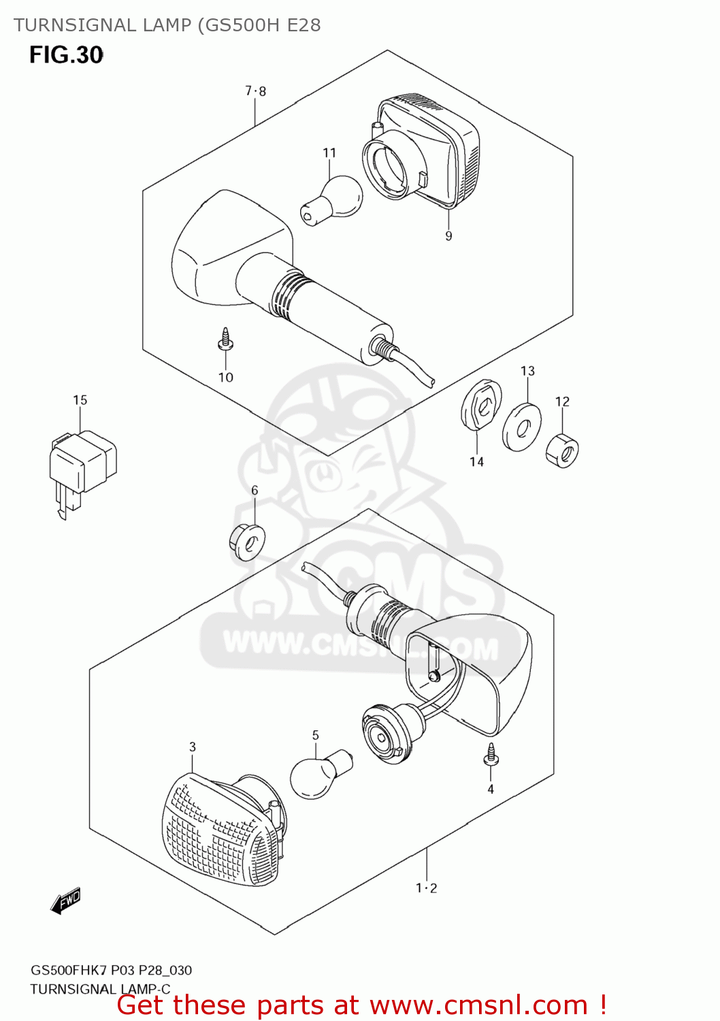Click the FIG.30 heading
pos(66,55)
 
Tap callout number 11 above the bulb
pos(329,152)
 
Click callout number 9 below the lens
pos(448,236)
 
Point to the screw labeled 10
pos(225,340)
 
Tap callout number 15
pos(80,400)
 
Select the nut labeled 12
pos(562,450)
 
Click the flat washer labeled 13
pos(522,427)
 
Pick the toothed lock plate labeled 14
pos(481,405)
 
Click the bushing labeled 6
pos(247,542)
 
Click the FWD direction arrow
pos(66,901)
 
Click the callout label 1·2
pos(427,888)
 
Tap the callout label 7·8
pos(256,91)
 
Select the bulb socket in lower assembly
pos(391,733)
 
